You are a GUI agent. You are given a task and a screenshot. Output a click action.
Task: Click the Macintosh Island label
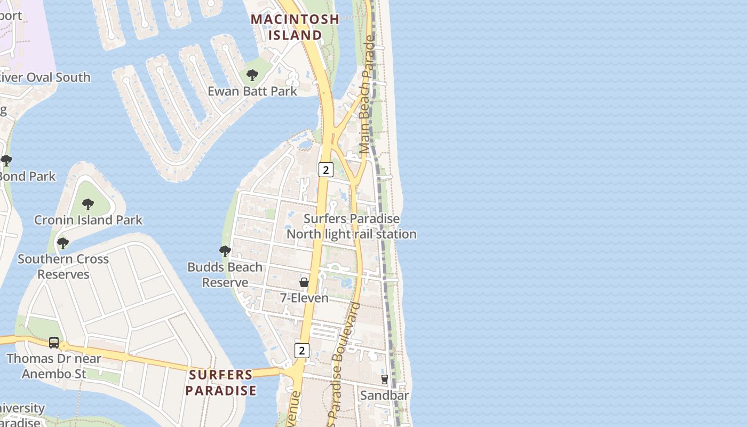click(x=295, y=27)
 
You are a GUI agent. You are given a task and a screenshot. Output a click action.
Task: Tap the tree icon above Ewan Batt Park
click(x=252, y=75)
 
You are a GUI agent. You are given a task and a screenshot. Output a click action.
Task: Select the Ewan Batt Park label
click(x=252, y=91)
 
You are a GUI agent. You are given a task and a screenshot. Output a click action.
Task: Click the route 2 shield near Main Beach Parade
click(x=325, y=170)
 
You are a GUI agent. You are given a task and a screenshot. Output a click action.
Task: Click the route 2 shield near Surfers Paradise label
click(x=302, y=351)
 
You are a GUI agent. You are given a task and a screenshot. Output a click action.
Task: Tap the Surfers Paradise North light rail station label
click(x=352, y=226)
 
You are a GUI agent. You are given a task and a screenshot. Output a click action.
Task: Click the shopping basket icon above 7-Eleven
click(x=304, y=282)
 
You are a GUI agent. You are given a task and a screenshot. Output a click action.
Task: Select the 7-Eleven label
click(x=304, y=298)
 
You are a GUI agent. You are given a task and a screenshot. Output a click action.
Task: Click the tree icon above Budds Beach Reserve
click(x=225, y=251)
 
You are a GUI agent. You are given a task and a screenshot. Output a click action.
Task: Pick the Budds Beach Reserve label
click(x=225, y=274)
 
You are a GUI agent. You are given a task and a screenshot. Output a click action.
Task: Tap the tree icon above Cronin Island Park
click(x=88, y=204)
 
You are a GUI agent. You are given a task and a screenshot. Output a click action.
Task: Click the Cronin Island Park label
click(x=88, y=220)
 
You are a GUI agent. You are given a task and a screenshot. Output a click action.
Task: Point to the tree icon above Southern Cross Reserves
click(x=63, y=243)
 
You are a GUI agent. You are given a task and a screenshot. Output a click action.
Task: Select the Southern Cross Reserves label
click(x=63, y=266)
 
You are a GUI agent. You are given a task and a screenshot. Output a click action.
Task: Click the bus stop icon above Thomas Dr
click(x=54, y=343)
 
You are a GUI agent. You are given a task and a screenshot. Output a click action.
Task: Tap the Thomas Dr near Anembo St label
click(x=54, y=366)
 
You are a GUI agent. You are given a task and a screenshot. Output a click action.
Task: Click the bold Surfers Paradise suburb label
click(x=221, y=382)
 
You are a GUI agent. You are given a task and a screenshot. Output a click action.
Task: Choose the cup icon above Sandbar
click(x=385, y=379)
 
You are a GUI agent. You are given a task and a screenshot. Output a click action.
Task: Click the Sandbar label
click(x=385, y=396)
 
